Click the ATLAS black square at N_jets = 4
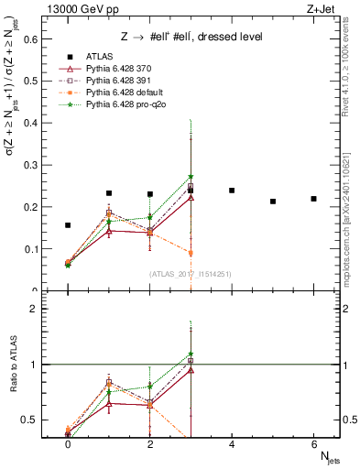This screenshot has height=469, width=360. pos(232,191)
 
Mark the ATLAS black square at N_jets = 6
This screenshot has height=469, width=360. pos(313,199)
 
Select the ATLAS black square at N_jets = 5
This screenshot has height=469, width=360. pos(272,202)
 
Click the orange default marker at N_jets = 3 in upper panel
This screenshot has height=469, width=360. pos(191,253)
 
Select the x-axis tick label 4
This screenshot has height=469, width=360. pos(232,444)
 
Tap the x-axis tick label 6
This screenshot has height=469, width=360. pos(313,444)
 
